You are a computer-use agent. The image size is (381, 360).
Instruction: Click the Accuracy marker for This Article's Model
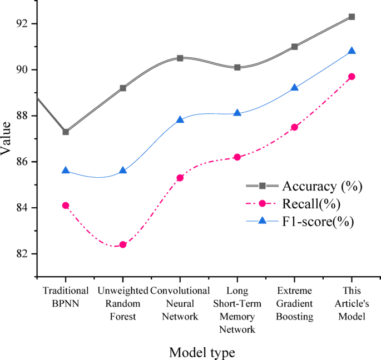(352, 17)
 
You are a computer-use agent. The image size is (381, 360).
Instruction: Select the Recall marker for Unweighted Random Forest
(123, 244)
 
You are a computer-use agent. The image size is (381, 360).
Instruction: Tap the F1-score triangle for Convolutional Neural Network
(180, 119)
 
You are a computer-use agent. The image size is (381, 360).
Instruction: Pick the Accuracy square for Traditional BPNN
(66, 132)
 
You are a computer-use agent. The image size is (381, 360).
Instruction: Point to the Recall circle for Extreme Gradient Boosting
(294, 127)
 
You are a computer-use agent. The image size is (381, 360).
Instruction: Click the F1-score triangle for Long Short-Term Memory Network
(237, 113)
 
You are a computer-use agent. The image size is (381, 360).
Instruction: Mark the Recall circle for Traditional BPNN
(66, 206)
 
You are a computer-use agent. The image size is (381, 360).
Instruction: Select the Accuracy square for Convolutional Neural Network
(180, 58)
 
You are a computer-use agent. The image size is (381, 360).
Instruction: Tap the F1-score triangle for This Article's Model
(352, 51)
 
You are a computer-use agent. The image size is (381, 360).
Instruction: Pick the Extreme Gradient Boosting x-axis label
(294, 304)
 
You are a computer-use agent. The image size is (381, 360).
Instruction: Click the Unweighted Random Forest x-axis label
(123, 304)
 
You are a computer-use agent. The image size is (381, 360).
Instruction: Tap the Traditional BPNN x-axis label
(66, 297)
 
